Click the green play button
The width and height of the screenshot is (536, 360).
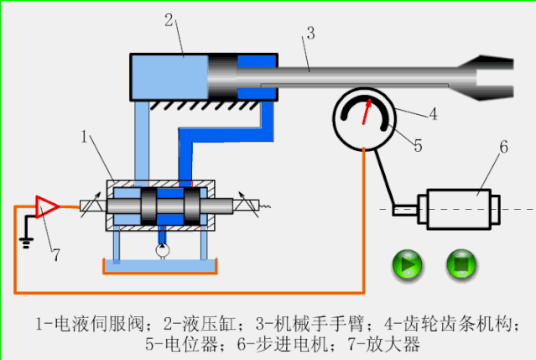click(x=409, y=265)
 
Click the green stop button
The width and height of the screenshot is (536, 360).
click(x=461, y=265)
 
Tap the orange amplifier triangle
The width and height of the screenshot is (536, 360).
click(x=45, y=206)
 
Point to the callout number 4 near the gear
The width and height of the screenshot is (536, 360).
click(x=433, y=113)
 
